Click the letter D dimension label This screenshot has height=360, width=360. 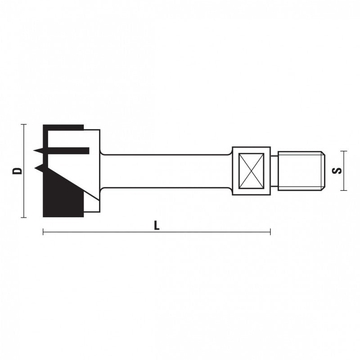17,171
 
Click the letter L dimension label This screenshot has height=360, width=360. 157,225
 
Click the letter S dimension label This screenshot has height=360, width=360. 337,171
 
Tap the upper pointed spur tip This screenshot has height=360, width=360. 34,150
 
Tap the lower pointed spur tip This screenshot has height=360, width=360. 35,168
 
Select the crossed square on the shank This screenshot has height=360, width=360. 251,171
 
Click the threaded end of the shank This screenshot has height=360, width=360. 301,171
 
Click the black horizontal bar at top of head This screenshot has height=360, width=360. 63,127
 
